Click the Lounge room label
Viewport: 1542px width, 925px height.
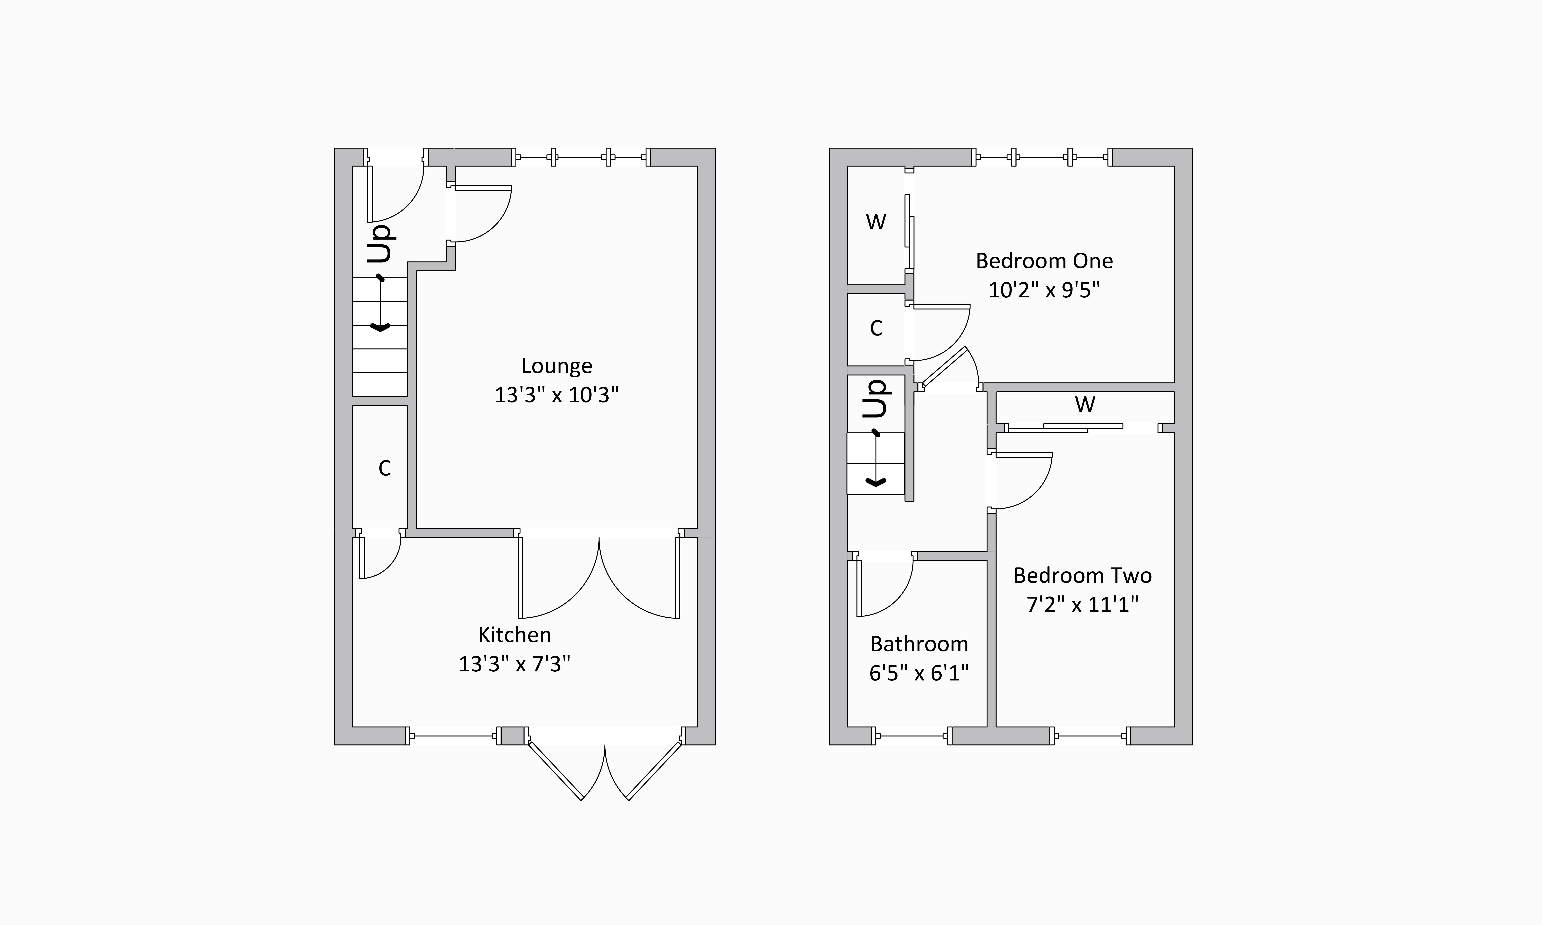point(556,366)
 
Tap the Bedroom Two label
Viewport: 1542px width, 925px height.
point(1082,575)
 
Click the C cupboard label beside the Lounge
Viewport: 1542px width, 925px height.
point(385,468)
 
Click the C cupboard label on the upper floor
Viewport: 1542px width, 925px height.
point(876,328)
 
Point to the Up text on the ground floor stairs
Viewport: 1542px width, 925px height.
point(380,243)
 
